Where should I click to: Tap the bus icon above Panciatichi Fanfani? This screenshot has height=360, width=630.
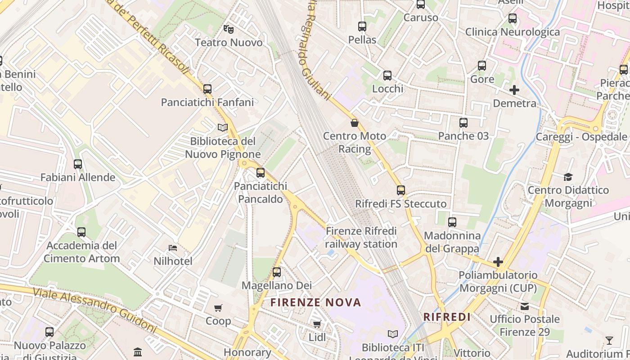[207, 89]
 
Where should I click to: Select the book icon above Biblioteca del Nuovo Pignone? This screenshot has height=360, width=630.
[223, 127]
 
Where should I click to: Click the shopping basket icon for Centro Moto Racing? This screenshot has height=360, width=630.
[355, 122]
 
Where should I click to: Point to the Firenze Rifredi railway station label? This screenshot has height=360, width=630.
[361, 238]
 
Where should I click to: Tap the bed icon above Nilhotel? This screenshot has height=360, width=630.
[173, 247]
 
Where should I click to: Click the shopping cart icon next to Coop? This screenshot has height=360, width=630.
[218, 308]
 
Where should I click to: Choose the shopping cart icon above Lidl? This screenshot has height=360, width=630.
[317, 324]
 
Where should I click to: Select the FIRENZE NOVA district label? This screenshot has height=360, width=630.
[316, 302]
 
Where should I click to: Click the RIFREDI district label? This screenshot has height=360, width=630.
[447, 317]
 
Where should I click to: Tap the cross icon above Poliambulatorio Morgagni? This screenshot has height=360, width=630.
[498, 261]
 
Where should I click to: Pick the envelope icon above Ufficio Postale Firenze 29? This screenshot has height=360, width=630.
[525, 306]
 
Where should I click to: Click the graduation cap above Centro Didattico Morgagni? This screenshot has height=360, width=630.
[568, 177]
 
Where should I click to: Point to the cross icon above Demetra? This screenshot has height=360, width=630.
[514, 90]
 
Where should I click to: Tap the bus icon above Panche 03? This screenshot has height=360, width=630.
[463, 123]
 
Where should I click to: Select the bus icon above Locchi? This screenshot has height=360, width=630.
[387, 76]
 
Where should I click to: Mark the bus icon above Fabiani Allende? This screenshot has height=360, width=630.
[78, 164]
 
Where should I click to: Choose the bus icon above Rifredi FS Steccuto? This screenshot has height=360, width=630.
[401, 190]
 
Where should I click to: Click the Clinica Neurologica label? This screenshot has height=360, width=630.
[513, 32]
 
